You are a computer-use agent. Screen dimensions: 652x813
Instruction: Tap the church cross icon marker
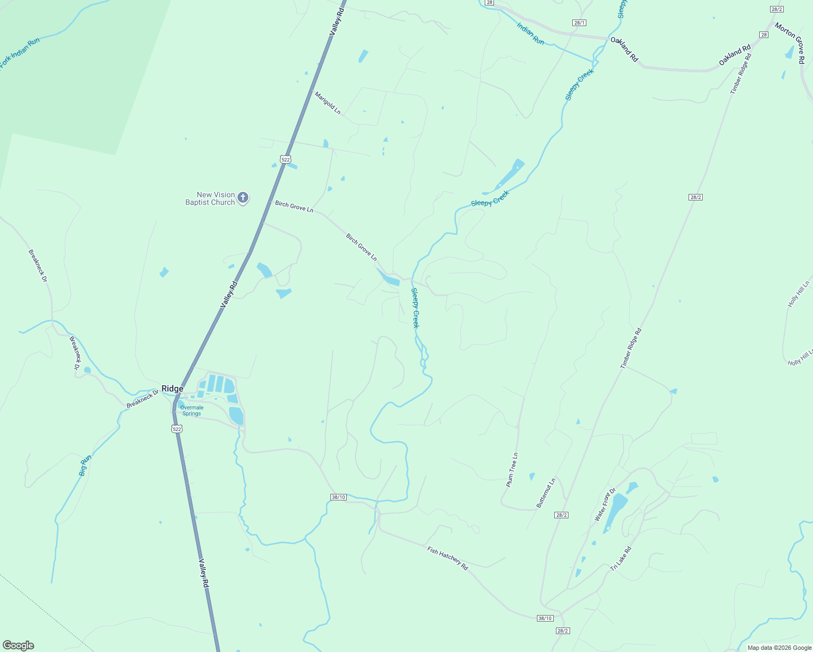click(x=243, y=198)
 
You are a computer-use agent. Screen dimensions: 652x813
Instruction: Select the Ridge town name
click(x=172, y=388)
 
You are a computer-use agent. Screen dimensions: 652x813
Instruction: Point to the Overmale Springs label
click(x=192, y=410)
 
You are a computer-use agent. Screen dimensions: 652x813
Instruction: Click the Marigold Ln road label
click(x=328, y=102)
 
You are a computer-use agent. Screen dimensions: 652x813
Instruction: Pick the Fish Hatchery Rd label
click(x=447, y=558)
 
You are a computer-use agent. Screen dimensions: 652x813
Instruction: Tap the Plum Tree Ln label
click(x=512, y=469)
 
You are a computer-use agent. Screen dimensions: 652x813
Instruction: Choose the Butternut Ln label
click(x=546, y=493)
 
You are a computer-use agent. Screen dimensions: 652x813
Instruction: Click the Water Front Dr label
click(x=605, y=505)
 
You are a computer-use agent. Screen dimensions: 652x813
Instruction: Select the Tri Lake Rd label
click(x=621, y=559)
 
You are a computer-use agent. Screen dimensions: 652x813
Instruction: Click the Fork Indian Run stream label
click(x=20, y=53)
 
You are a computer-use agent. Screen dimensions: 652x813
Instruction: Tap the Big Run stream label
click(x=85, y=466)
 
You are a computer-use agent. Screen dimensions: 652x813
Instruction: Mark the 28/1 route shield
click(x=579, y=23)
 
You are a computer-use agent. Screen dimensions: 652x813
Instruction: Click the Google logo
click(x=18, y=645)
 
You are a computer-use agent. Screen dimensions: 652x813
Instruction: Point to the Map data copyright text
click(x=778, y=648)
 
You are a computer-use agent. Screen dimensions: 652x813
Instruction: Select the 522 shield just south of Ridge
click(x=177, y=429)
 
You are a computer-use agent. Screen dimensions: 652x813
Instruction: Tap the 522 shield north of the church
click(x=286, y=159)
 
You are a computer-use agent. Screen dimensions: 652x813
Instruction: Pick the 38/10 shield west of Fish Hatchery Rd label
click(x=339, y=497)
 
